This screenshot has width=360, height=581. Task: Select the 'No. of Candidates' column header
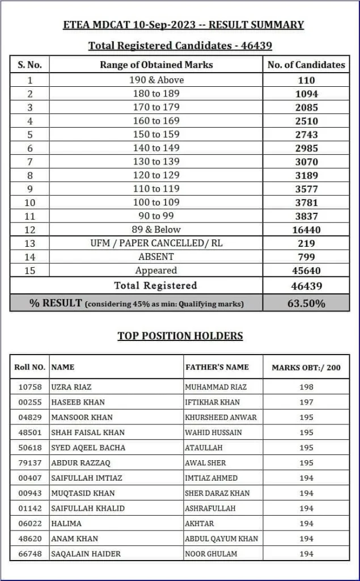[x=306, y=65]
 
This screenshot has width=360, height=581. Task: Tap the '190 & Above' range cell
[x=156, y=80]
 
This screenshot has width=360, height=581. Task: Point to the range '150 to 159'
[x=156, y=134]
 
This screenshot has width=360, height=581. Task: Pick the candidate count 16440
[x=306, y=230]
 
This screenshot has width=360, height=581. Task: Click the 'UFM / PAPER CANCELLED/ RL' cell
[x=156, y=243]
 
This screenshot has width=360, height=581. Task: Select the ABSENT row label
[x=156, y=257]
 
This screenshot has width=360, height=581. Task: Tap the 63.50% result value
[x=306, y=303]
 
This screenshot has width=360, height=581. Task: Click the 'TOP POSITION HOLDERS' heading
[x=180, y=336]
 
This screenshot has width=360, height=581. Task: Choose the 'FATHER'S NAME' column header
[x=217, y=367]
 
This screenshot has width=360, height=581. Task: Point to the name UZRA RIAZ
[x=71, y=387]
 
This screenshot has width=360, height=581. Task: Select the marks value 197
[x=306, y=402]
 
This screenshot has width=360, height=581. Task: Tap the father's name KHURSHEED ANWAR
[x=221, y=417]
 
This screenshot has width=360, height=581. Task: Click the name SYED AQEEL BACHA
[x=88, y=448]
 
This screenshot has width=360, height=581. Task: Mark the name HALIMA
[x=66, y=524]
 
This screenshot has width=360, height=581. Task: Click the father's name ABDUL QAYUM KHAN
[x=221, y=538]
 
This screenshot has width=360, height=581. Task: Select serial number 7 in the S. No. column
[x=30, y=162]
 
